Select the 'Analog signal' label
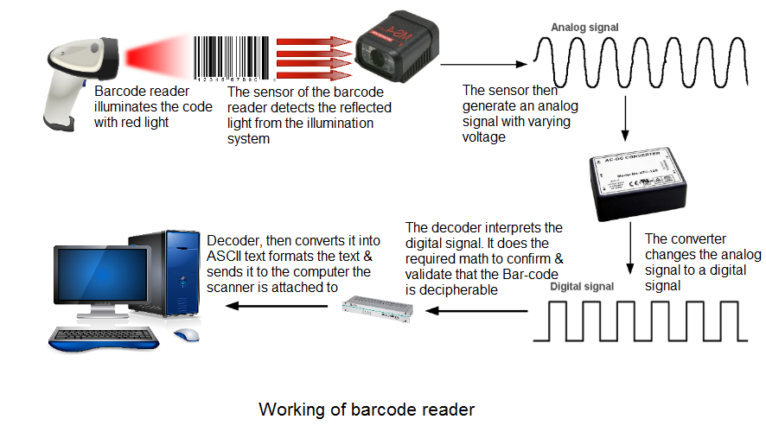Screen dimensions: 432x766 coord(585,28)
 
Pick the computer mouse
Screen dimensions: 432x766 coord(185,335)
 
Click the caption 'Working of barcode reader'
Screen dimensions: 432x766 coord(367,409)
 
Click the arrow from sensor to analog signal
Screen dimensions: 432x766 coord(483,63)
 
